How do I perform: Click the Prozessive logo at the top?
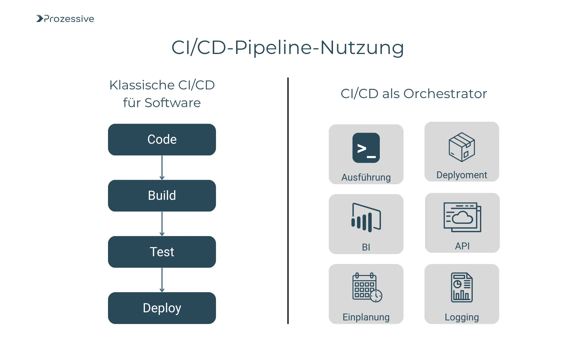65,19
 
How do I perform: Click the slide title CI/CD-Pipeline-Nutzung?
287,47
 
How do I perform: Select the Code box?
162,139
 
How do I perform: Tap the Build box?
162,196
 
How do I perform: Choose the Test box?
162,252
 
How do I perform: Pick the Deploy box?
162,308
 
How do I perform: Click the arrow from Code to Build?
162,167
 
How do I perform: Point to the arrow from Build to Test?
162,223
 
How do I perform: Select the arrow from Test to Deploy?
162,280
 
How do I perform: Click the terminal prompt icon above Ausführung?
366,148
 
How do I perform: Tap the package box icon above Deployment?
462,147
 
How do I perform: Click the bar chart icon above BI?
366,217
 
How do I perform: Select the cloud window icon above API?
462,217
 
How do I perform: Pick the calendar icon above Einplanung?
367,287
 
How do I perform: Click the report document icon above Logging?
462,287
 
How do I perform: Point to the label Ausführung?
366,177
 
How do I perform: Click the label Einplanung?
366,317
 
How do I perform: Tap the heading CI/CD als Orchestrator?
414,94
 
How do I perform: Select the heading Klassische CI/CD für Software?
162,94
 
